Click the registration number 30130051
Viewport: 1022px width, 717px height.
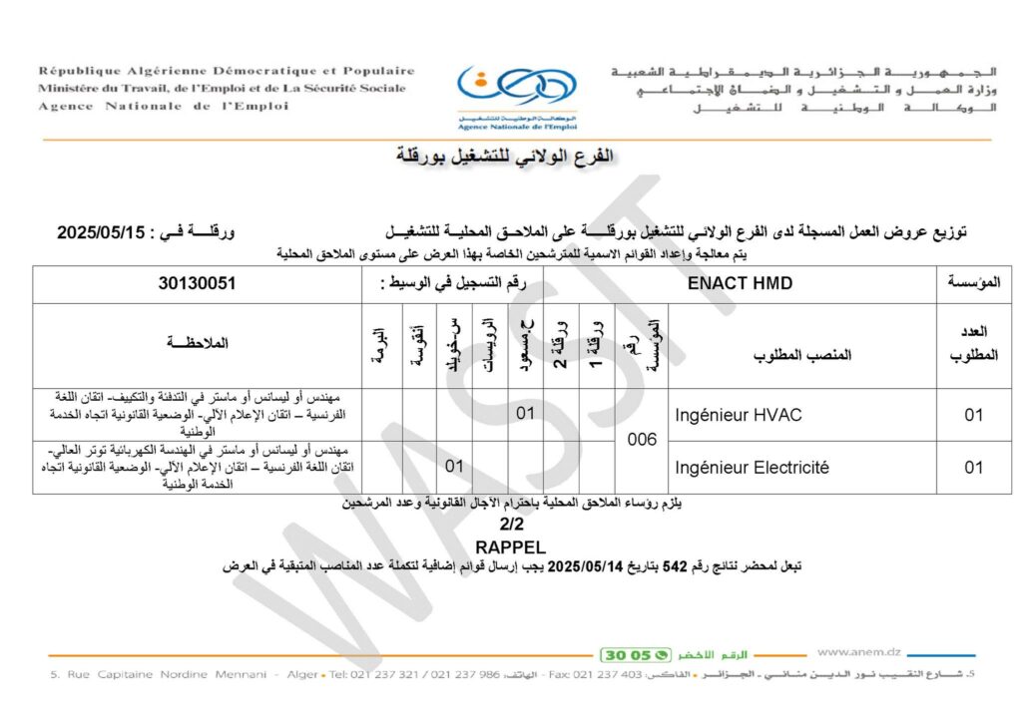click(x=197, y=283)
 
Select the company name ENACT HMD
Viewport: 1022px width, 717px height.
click(x=741, y=283)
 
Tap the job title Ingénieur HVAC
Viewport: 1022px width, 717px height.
click(x=738, y=415)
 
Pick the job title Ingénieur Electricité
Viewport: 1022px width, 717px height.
click(x=752, y=467)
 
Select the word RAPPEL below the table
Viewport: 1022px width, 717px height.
click(x=510, y=546)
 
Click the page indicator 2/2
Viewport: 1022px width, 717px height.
click(x=511, y=525)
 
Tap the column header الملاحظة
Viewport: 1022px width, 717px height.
click(x=199, y=343)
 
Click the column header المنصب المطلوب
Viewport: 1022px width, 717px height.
click(x=805, y=355)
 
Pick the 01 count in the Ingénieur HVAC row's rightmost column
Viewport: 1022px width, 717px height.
click(x=973, y=415)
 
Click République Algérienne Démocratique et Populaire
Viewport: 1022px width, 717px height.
click(x=227, y=71)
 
